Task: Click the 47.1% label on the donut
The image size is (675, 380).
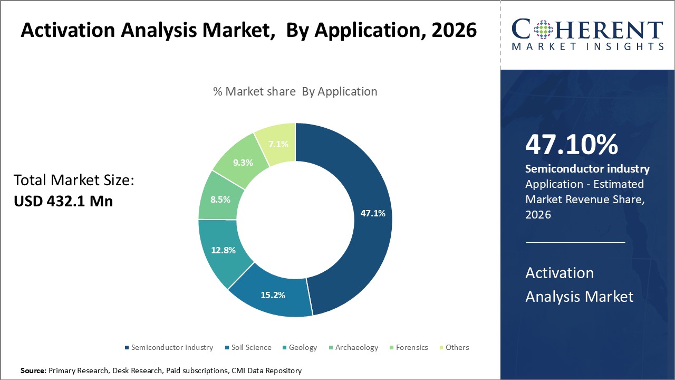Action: point(373,214)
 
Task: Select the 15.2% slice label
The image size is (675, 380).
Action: point(273,295)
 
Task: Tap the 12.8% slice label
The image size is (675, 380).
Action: point(223,250)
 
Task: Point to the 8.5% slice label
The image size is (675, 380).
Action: point(220,200)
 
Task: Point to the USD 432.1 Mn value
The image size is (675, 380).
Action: point(63,201)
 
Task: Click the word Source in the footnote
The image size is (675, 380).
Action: point(33,371)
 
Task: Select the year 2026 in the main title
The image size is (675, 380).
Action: point(454,31)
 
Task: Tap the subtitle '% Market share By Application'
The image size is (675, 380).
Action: point(295,91)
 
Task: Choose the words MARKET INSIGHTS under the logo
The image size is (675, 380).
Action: point(587,46)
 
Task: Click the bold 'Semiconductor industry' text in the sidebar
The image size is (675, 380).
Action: point(587,169)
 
